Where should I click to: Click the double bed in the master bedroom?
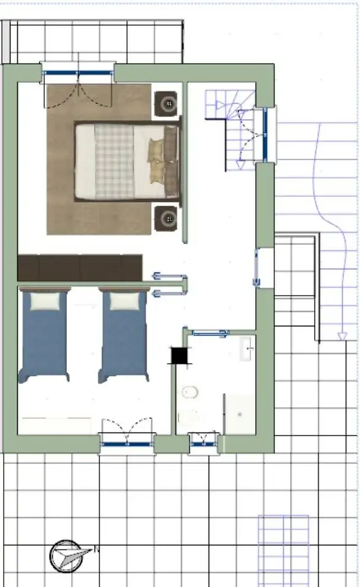point(127,161)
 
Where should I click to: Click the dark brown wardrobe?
point(80,268)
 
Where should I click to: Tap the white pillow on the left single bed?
point(46,300)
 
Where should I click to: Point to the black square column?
point(179,355)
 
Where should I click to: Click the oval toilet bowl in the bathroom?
point(189,391)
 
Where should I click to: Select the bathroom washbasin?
point(248,350)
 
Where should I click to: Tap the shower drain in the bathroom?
point(240,414)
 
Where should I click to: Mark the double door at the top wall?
point(78,74)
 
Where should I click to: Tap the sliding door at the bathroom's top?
point(211,334)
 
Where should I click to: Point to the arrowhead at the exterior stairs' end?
point(342,336)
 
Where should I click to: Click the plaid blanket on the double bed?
point(114,161)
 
